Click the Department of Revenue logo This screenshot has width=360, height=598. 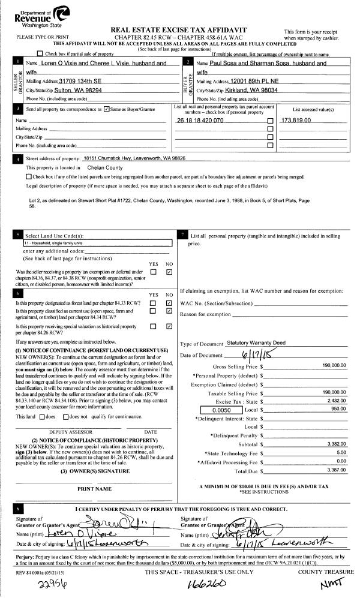point(42,17)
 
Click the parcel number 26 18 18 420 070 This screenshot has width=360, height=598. point(200,120)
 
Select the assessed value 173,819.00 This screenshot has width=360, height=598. point(296,120)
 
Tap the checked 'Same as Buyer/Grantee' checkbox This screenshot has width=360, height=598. point(106,109)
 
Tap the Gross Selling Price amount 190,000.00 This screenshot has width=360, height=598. point(334,365)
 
